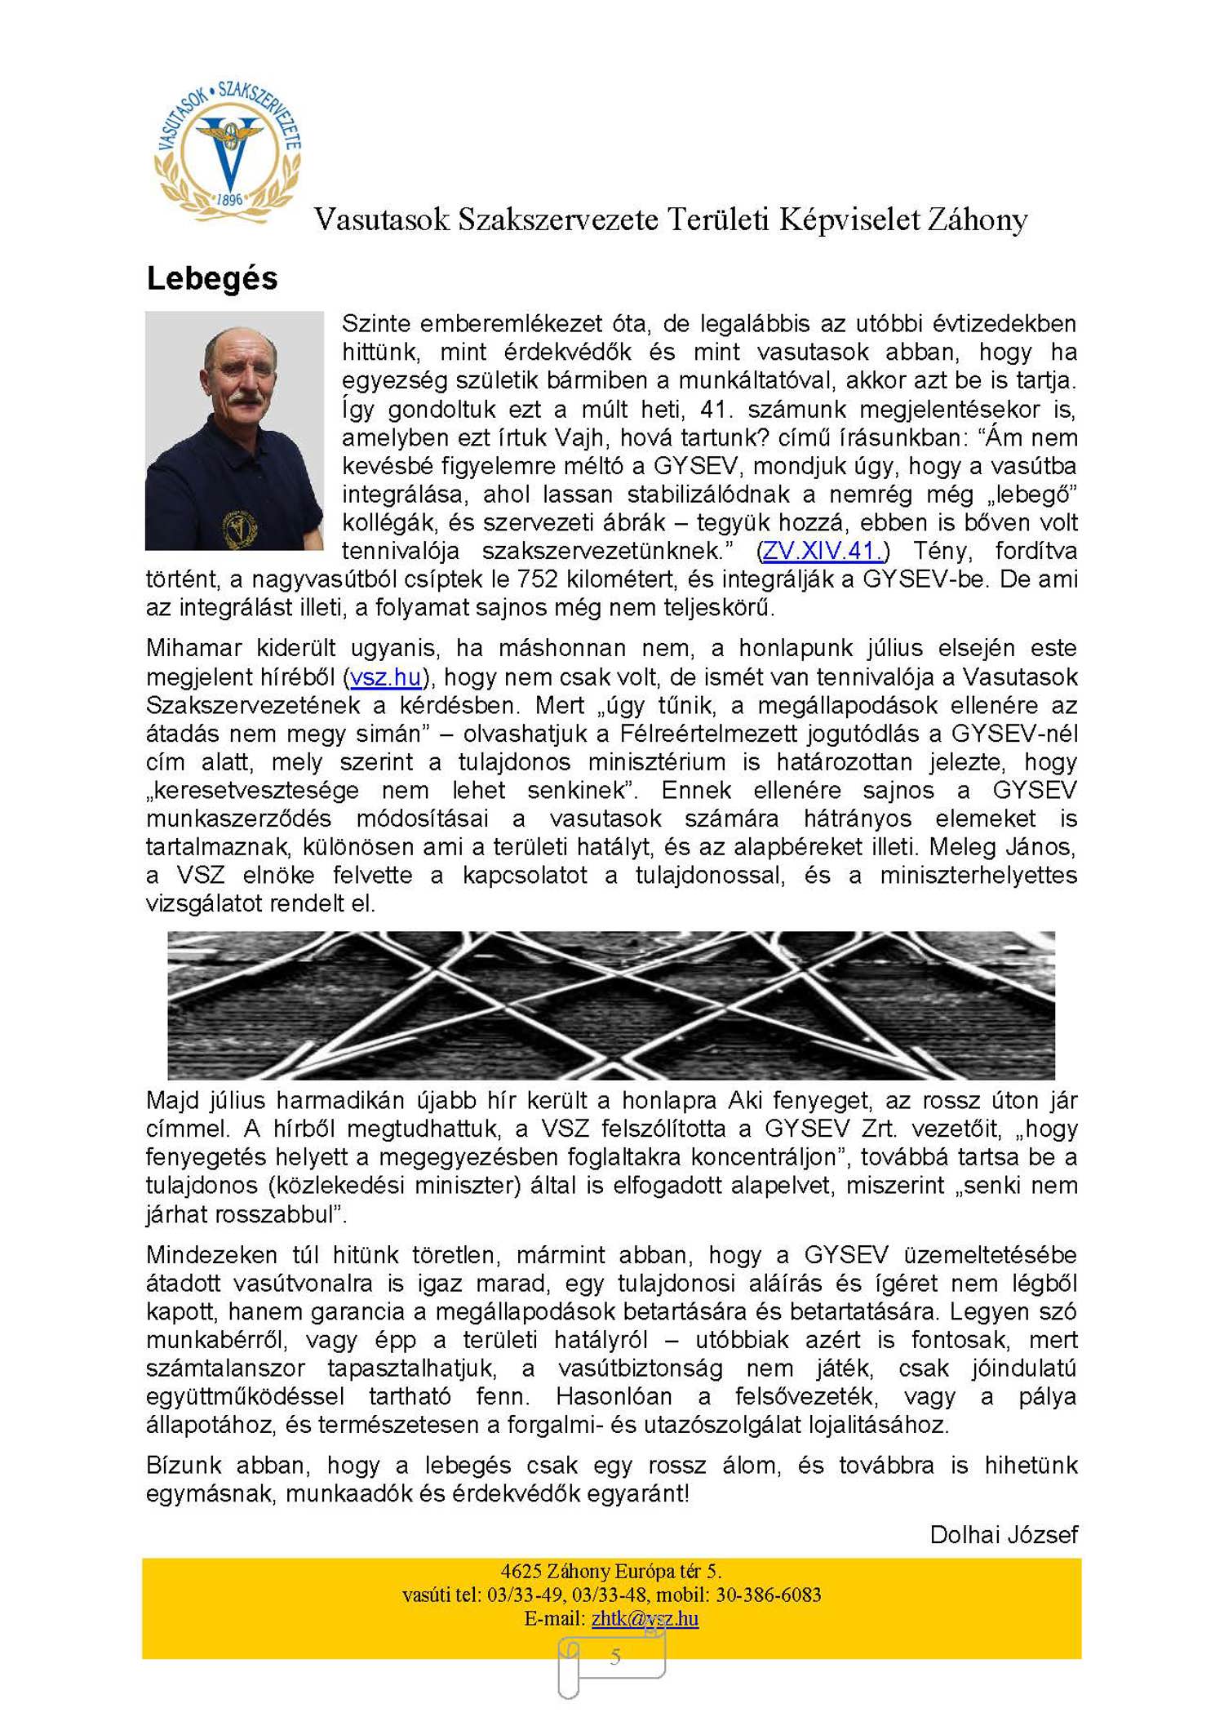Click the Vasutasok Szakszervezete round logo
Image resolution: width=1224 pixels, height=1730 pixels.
pos(228,152)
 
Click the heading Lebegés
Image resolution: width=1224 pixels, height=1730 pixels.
pos(212,279)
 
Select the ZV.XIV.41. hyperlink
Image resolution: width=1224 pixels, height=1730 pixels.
pos(823,551)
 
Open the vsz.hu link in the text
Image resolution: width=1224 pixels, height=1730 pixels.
pos(385,677)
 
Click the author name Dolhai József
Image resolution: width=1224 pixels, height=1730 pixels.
pos(1003,1535)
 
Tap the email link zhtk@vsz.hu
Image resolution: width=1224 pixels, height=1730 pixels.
pos(645,1618)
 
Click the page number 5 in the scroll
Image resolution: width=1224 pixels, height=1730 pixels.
pos(615,1657)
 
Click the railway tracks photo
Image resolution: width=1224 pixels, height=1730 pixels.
pos(610,1005)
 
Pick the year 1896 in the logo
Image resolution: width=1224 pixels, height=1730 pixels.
pos(230,199)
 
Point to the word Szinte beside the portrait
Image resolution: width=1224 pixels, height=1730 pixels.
pos(376,324)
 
